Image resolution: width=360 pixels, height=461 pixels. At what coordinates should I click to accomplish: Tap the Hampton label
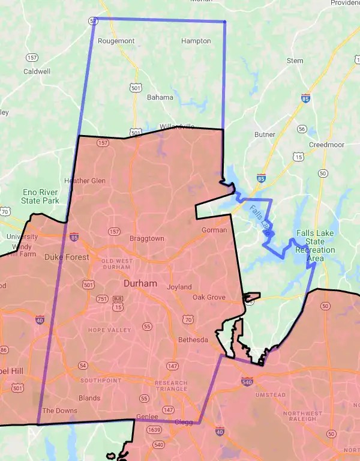[x=196, y=41]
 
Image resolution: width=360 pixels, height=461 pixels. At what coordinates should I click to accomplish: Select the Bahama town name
[x=160, y=97]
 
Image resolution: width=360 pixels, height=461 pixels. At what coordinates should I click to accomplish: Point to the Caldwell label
[x=36, y=71]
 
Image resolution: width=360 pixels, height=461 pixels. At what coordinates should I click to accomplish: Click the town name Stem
[x=295, y=61]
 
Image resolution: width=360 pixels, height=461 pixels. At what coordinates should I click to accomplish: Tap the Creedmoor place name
[x=326, y=145]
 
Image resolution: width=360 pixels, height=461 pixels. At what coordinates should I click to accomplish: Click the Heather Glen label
[x=85, y=181]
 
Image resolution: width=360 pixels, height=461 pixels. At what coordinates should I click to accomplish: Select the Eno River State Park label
[x=40, y=196]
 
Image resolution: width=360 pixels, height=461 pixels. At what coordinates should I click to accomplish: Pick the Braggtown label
[x=147, y=238]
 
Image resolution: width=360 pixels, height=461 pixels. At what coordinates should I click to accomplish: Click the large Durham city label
[x=140, y=283]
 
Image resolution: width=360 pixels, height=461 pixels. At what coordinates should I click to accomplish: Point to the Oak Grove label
[x=209, y=297]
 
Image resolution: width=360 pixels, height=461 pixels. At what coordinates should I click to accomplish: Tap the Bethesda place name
[x=193, y=340]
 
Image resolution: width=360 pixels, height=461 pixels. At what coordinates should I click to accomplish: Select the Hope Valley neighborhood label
[x=109, y=330]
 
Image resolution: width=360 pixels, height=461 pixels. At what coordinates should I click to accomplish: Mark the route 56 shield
[x=302, y=129]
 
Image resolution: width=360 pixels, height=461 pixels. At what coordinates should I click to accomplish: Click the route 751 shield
[x=101, y=299]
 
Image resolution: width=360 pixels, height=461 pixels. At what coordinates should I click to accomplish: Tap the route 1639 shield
[x=154, y=430]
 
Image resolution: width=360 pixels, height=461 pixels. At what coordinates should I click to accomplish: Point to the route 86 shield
[x=4, y=350]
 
